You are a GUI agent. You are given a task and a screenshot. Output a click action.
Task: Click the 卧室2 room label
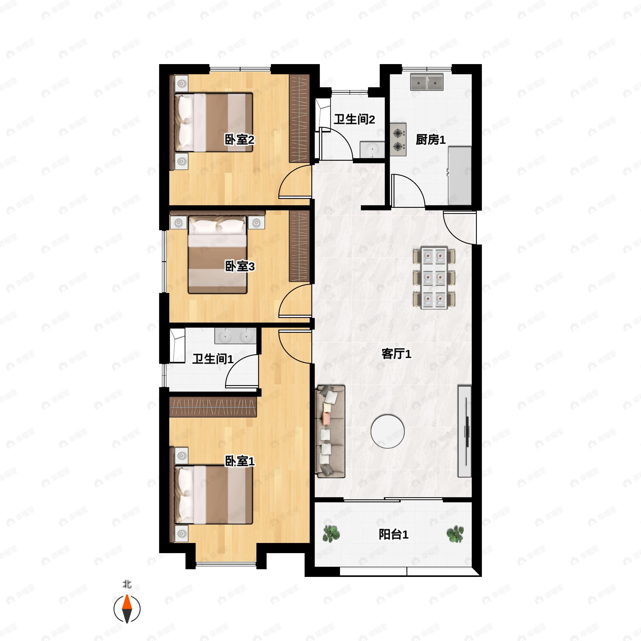[x=240, y=140]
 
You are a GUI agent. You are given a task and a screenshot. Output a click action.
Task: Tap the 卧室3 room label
[x=240, y=266]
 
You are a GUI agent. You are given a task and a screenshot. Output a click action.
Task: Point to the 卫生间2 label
[x=354, y=119]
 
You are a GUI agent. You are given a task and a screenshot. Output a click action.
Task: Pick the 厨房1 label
[x=431, y=140]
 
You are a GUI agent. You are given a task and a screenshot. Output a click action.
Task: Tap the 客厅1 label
[x=396, y=354]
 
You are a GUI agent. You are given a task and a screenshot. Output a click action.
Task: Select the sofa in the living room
[x=330, y=431]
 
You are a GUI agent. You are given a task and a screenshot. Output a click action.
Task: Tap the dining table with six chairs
[x=434, y=278]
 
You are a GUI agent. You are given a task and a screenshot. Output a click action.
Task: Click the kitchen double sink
[x=427, y=82]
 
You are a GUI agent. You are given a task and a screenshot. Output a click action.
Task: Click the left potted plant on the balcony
[x=331, y=534]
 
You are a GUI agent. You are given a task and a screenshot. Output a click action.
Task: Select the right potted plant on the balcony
[x=455, y=534]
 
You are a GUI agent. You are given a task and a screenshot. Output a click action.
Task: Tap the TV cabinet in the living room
[x=464, y=431]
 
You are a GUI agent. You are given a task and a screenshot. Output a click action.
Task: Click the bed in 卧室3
[x=218, y=255]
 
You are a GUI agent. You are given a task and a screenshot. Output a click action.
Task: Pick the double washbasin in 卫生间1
[x=235, y=336]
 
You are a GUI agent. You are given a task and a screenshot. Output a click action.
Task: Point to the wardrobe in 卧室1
[x=213, y=407]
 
